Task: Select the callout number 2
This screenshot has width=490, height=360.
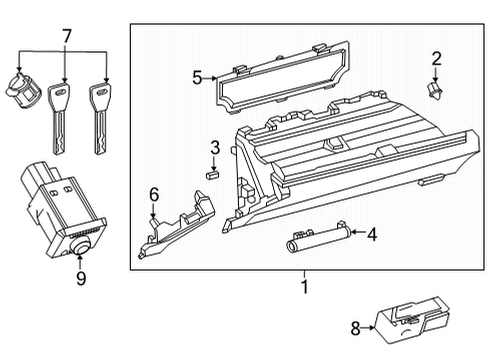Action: point(436,59)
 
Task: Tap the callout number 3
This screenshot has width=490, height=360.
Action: point(214,148)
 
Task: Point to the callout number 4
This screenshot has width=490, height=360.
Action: point(371,236)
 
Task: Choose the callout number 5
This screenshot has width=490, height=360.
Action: point(197,76)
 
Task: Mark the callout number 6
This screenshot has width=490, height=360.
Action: point(154,194)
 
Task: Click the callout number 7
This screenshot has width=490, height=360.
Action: point(66,37)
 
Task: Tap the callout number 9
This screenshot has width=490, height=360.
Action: point(80,279)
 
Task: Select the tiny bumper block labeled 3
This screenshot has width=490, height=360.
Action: point(212,171)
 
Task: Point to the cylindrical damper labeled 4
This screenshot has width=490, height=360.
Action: point(314,240)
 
